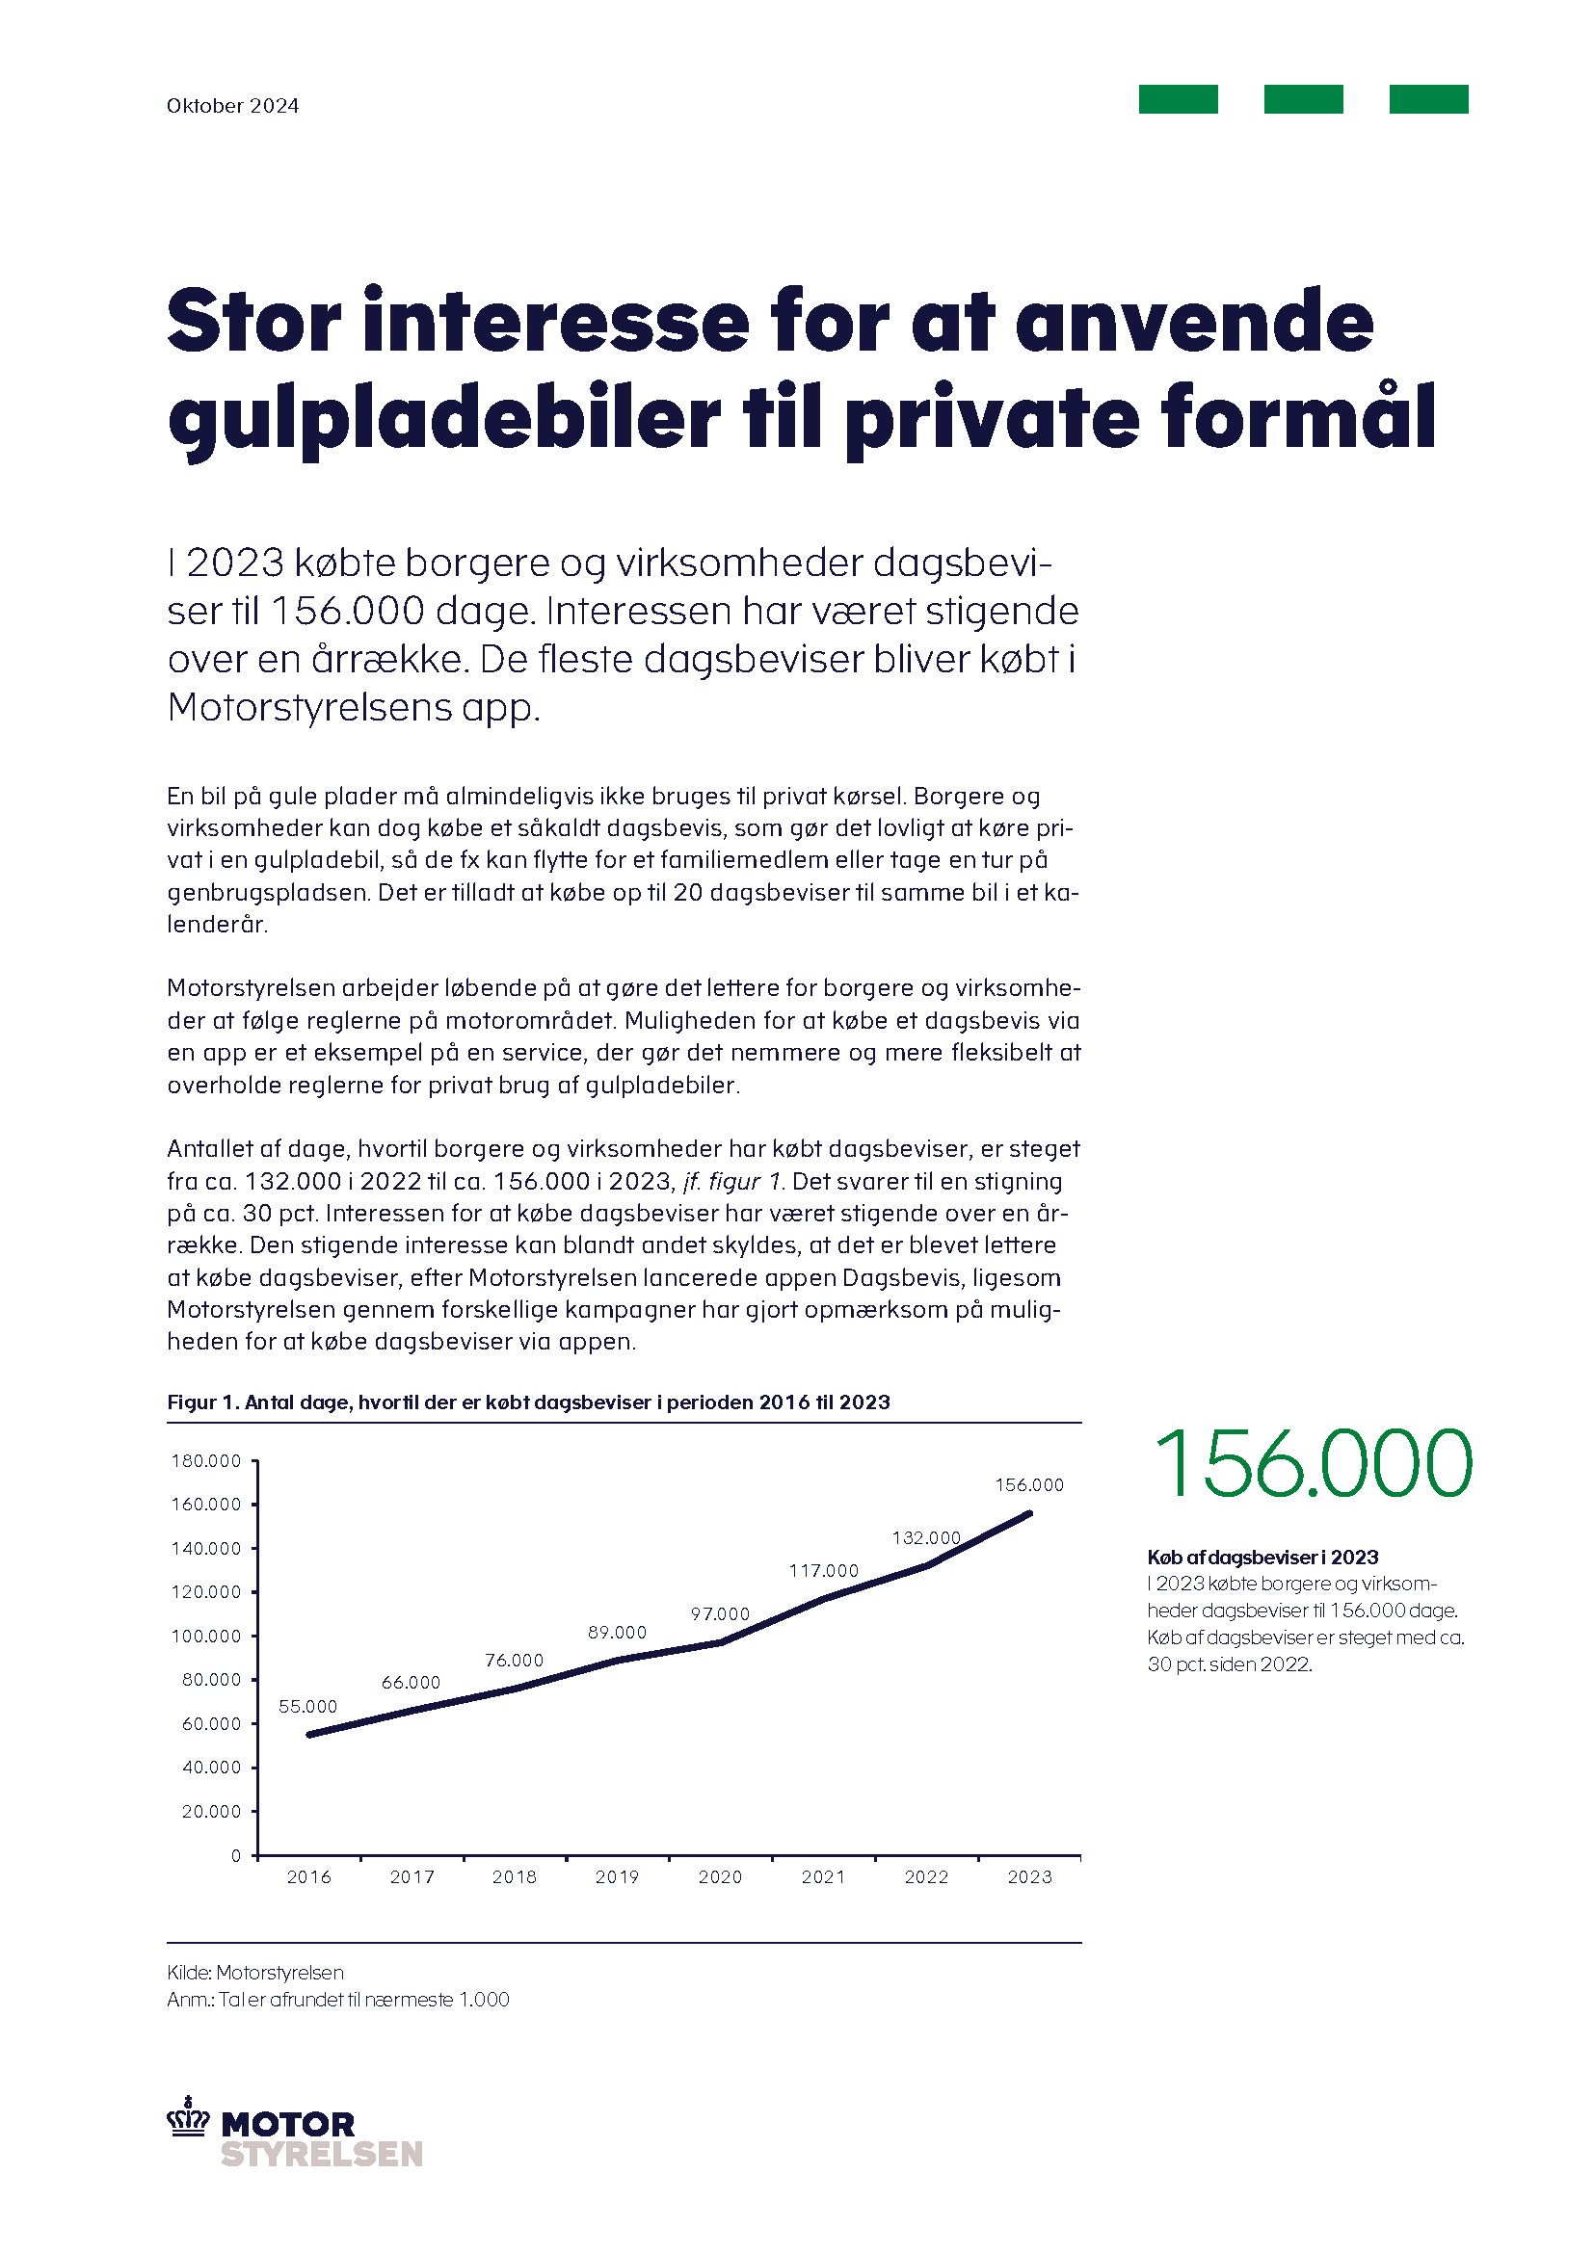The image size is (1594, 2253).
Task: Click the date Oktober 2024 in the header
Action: pos(232,106)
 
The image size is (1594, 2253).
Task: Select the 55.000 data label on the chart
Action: pos(307,1707)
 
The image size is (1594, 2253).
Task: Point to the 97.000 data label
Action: pos(720,1614)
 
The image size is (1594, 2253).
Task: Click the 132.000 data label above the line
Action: pos(925,1537)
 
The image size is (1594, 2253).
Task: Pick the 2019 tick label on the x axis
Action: pos(617,1877)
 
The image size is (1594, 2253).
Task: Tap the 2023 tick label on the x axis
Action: pos(1028,1877)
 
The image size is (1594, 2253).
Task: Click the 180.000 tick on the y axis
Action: pos(206,1461)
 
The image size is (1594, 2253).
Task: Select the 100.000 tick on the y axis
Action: pos(206,1636)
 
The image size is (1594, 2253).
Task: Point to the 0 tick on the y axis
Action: pos(235,1855)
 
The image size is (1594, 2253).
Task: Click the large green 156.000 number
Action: pos(1312,1464)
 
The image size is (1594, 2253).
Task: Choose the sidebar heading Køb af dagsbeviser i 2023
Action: pos(1262,1558)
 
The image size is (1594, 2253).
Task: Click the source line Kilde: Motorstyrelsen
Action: pos(255,1973)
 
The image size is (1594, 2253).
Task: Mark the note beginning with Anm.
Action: pos(337,2000)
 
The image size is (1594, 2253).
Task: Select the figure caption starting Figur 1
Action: pos(528,1402)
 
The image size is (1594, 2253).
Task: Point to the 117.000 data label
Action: pos(822,1571)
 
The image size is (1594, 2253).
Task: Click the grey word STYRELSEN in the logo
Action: pos(322,2154)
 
